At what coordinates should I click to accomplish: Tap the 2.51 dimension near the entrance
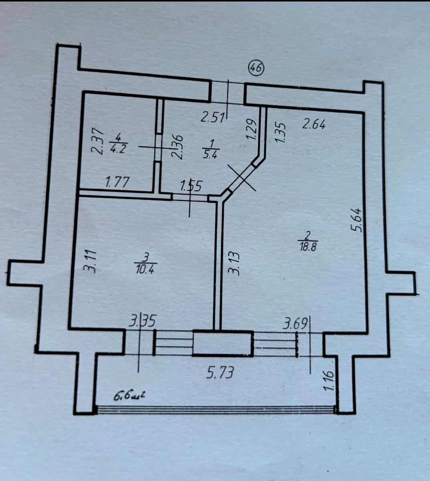coord(212,117)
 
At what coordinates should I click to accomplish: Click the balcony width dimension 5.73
coord(221,372)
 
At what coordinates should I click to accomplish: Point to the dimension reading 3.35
coord(142,321)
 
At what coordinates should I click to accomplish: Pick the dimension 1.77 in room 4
coord(117,182)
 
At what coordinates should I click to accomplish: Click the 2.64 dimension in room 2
coord(314,125)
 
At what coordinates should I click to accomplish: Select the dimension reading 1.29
coord(251,129)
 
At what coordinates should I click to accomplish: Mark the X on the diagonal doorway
coord(242,178)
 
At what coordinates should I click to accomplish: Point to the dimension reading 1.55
coord(191,186)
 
